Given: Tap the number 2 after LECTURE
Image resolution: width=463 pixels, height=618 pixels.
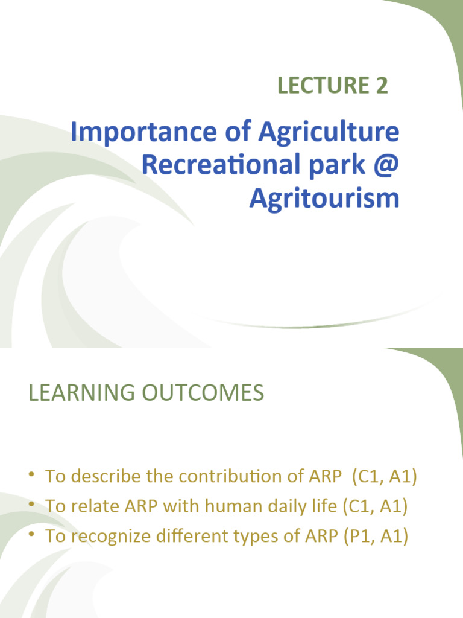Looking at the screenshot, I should pyautogui.click(x=381, y=86).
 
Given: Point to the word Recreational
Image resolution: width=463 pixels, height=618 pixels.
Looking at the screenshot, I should pyautogui.click(x=221, y=165).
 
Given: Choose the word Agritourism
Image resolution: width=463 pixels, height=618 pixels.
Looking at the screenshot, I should pyautogui.click(x=324, y=197).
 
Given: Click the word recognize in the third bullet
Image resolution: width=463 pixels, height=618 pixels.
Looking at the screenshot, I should pyautogui.click(x=108, y=535).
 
